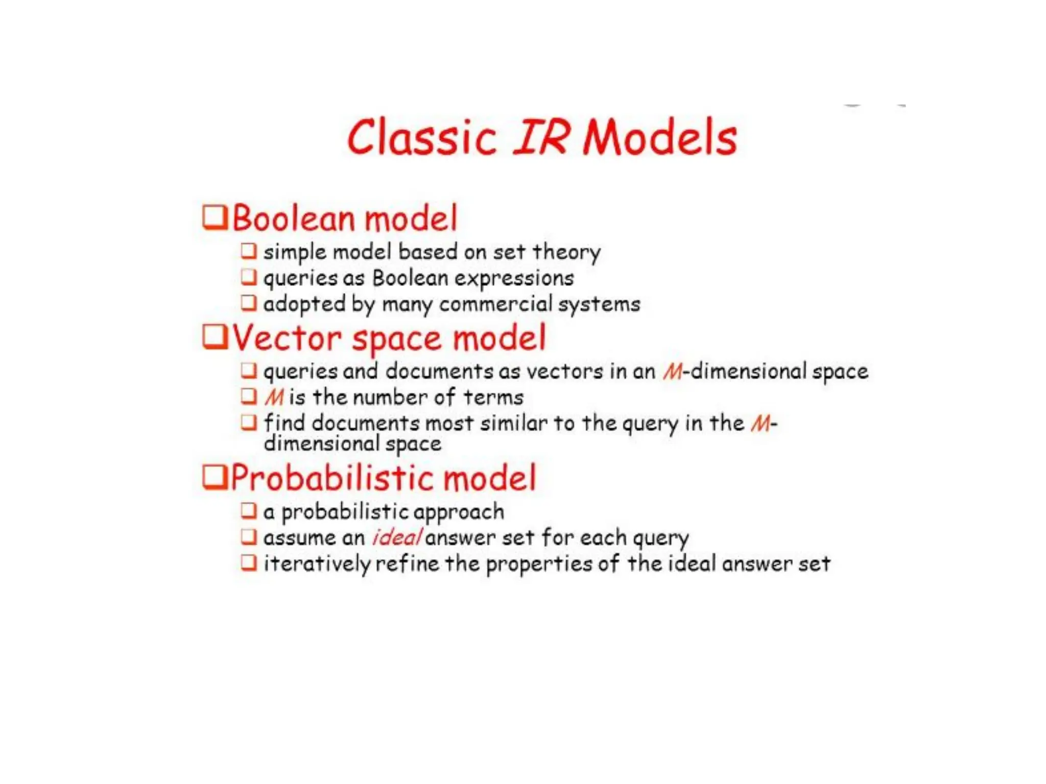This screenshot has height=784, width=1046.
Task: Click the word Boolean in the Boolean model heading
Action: (293, 218)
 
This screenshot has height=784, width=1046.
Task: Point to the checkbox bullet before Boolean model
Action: (215, 217)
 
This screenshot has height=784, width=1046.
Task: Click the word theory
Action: (566, 252)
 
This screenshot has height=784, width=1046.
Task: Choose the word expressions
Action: (514, 279)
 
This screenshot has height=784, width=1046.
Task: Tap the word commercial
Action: (495, 304)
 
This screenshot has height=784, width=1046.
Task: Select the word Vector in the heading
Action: (287, 338)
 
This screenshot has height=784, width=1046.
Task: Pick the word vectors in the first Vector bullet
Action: (564, 372)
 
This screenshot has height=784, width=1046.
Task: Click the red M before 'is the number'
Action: (274, 398)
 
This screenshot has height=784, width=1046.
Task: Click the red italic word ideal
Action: (397, 537)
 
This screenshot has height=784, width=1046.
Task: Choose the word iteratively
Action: (317, 565)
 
